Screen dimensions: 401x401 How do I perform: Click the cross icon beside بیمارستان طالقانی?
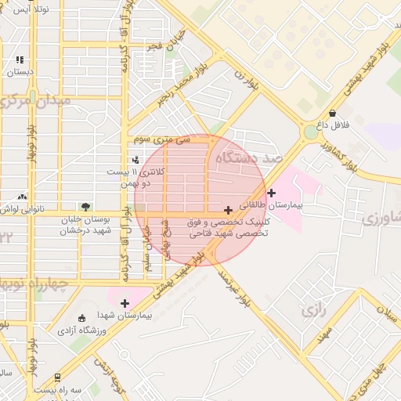(271, 193)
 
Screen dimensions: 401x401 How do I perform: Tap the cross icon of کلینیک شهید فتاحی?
(228, 210)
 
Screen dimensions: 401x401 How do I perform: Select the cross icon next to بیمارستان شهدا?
(125, 302)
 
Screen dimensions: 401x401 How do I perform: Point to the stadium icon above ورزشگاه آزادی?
(82, 318)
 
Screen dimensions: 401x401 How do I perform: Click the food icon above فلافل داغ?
(333, 114)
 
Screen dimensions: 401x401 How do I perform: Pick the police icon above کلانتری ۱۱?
(135, 160)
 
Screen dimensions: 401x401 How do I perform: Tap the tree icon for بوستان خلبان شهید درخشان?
(85, 208)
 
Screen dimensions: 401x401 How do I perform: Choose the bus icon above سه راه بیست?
(56, 377)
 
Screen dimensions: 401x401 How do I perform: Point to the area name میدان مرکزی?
(34, 101)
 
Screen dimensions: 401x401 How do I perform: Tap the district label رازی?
(312, 311)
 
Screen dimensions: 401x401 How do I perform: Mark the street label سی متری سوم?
(161, 139)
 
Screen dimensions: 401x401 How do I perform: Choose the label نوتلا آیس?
(21, 9)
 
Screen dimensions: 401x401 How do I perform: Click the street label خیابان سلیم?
(146, 248)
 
